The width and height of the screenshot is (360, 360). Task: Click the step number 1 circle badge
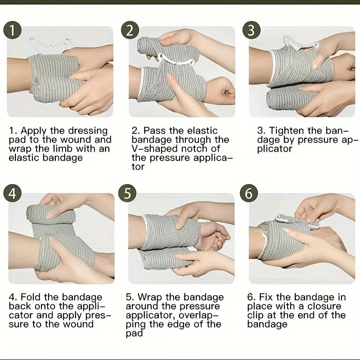tap(13, 30)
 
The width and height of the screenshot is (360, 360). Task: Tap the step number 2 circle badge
tap(130, 30)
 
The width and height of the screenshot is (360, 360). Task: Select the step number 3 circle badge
tap(252, 30)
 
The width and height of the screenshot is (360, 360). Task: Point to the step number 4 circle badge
tap(13, 193)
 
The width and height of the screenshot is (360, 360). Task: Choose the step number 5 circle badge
tap(127, 193)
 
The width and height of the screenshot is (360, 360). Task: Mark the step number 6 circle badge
tap(249, 193)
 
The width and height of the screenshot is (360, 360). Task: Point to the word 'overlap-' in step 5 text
tap(199, 315)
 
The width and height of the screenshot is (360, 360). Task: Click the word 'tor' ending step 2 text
tap(138, 167)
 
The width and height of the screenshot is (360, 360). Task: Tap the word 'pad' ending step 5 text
tap(134, 333)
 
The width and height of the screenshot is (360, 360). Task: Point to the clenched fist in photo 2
tap(221, 91)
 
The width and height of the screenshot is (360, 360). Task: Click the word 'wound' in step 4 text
tap(78, 324)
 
